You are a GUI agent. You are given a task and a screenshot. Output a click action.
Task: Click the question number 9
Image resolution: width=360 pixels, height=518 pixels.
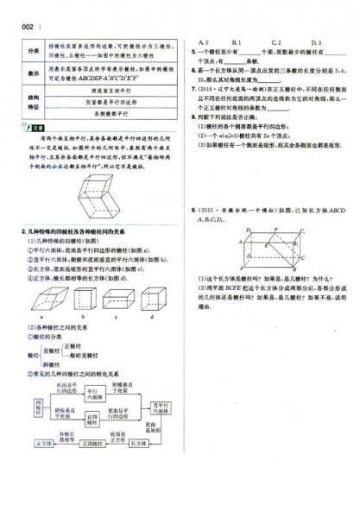tap(193, 210)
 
